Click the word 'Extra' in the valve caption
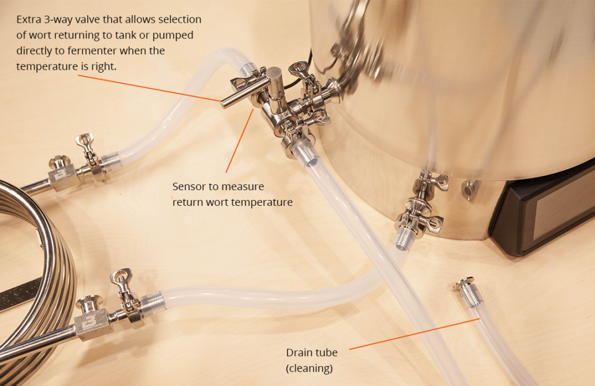coord(28,19)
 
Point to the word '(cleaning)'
coord(309,368)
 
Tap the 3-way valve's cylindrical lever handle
coord(243,95)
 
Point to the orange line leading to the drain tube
coord(415,334)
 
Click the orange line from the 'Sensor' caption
coord(240,141)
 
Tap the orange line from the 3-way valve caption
coord(149,88)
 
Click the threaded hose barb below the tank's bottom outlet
coord(403,237)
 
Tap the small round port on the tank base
coord(469,188)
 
